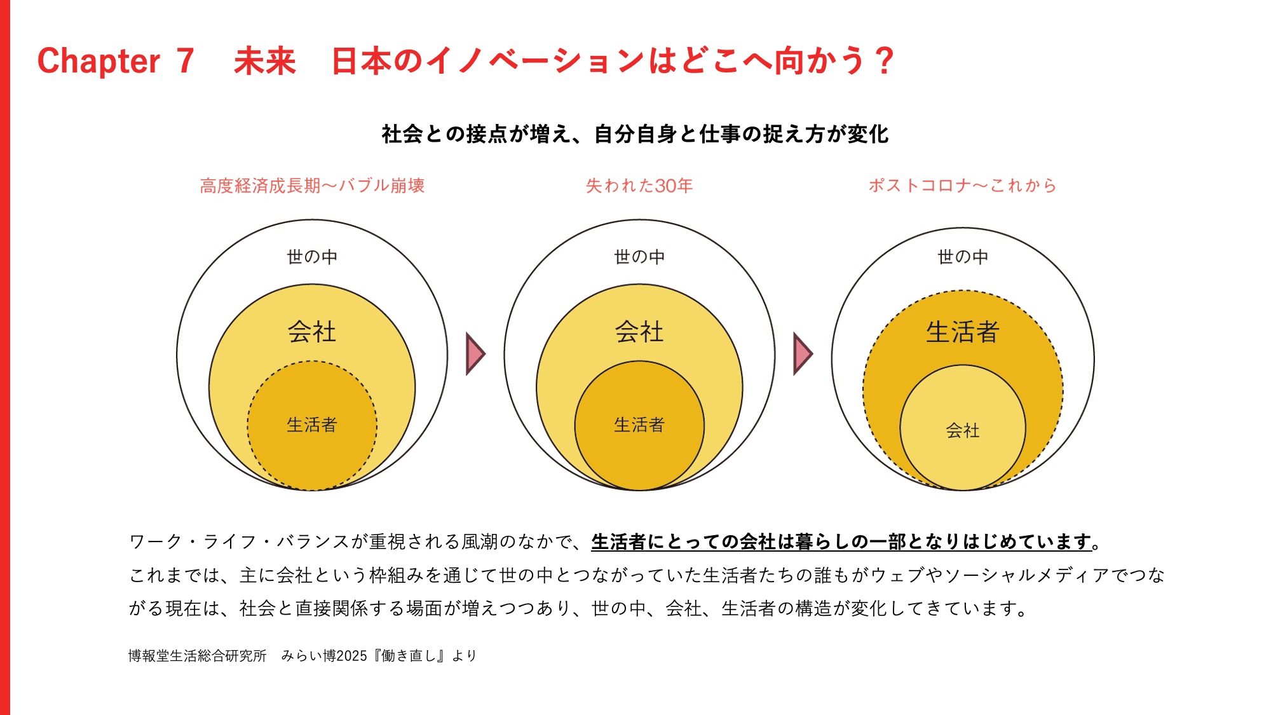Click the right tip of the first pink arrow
(486, 354)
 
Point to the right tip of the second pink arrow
(813, 354)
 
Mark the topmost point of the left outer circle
(312, 220)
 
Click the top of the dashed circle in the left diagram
(312, 361)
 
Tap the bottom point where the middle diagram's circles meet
(639, 490)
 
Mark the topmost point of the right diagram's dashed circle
(963, 290)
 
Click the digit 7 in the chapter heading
(185, 61)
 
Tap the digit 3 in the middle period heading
(661, 186)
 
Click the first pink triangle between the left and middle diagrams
(475, 354)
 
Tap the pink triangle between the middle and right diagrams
(802, 354)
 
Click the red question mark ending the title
(884, 61)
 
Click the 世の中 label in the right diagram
(963, 257)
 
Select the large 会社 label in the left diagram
(312, 332)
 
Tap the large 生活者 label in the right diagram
(963, 332)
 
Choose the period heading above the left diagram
(312, 186)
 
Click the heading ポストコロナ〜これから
(962, 186)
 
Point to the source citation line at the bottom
(302, 655)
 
